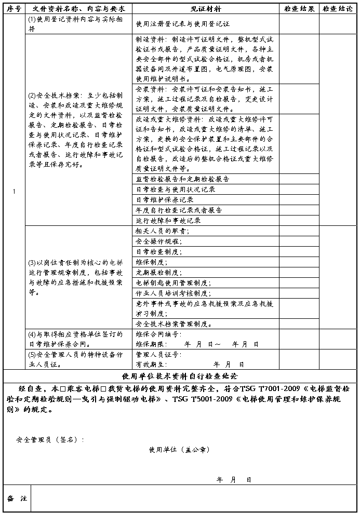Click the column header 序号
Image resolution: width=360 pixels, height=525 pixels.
coord(14,9)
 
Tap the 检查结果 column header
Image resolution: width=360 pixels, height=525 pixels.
coord(299,9)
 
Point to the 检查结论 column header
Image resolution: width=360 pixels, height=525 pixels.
coord(338,9)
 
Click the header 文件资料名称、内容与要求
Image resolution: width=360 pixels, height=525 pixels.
coord(78,9)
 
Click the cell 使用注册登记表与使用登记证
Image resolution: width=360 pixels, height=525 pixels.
coord(182,24)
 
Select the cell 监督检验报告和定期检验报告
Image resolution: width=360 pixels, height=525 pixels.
coord(182,179)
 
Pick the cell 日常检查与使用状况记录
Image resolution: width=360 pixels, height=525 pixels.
coord(176,190)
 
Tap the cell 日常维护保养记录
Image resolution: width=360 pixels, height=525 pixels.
coord(165,200)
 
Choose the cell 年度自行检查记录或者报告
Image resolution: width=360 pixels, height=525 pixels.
coord(179,210)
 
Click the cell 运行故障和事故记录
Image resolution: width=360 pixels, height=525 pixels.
coord(168,221)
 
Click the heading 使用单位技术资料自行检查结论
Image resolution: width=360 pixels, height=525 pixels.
coord(179,375)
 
